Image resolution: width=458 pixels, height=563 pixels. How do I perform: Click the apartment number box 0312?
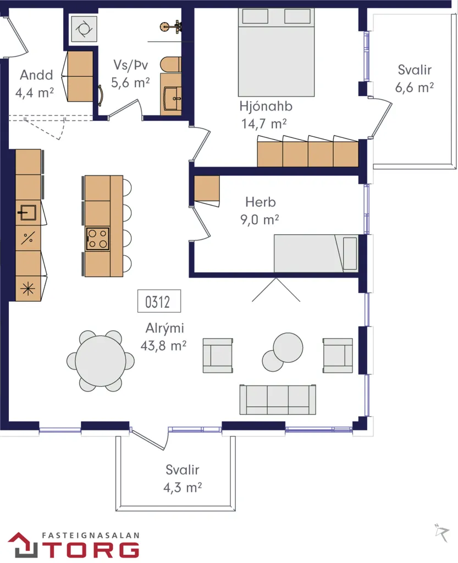(159, 301)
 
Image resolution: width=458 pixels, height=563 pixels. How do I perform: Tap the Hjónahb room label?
(266, 106)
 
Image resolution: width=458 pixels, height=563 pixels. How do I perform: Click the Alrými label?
(165, 328)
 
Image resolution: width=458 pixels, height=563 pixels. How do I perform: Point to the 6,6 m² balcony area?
(415, 87)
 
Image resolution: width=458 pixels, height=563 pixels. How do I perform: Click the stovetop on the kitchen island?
(98, 239)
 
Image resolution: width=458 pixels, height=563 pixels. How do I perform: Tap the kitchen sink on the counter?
(27, 213)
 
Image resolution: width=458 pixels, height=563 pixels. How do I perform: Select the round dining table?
(101, 361)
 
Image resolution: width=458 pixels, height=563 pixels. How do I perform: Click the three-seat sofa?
(278, 400)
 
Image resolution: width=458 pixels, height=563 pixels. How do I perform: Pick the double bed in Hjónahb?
(277, 52)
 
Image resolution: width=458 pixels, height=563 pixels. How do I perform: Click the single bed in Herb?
(316, 253)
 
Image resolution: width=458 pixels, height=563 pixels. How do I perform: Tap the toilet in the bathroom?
(170, 64)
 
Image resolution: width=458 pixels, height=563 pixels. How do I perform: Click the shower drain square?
(84, 29)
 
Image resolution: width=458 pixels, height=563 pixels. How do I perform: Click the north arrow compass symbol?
(442, 532)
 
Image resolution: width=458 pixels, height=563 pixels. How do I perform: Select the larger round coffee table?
(288, 347)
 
